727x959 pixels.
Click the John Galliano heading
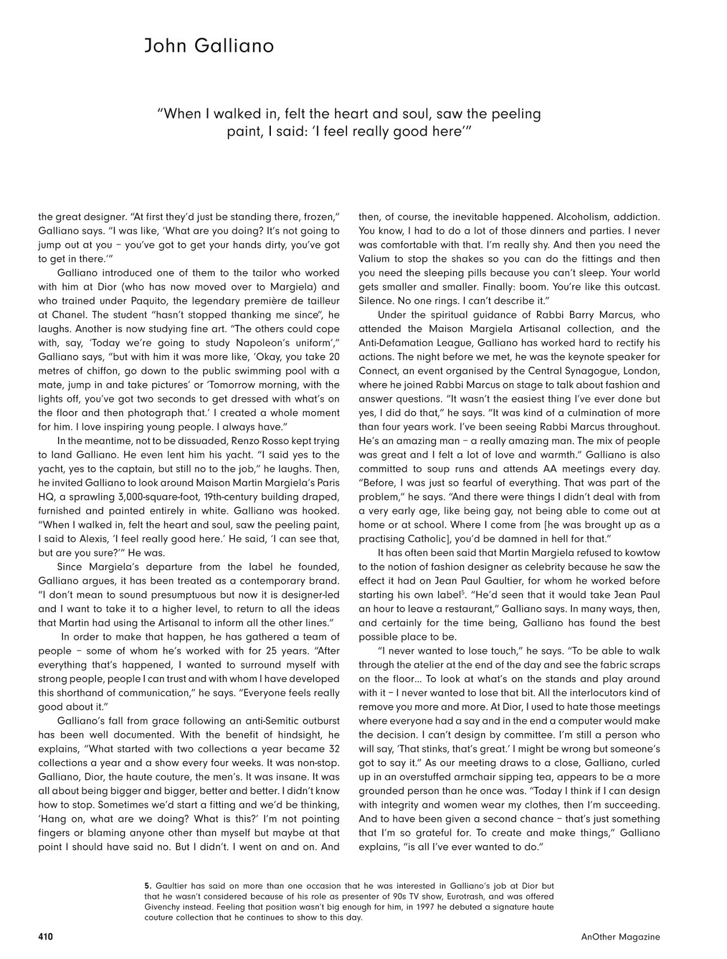(209, 46)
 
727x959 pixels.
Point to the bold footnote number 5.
(148, 885)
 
